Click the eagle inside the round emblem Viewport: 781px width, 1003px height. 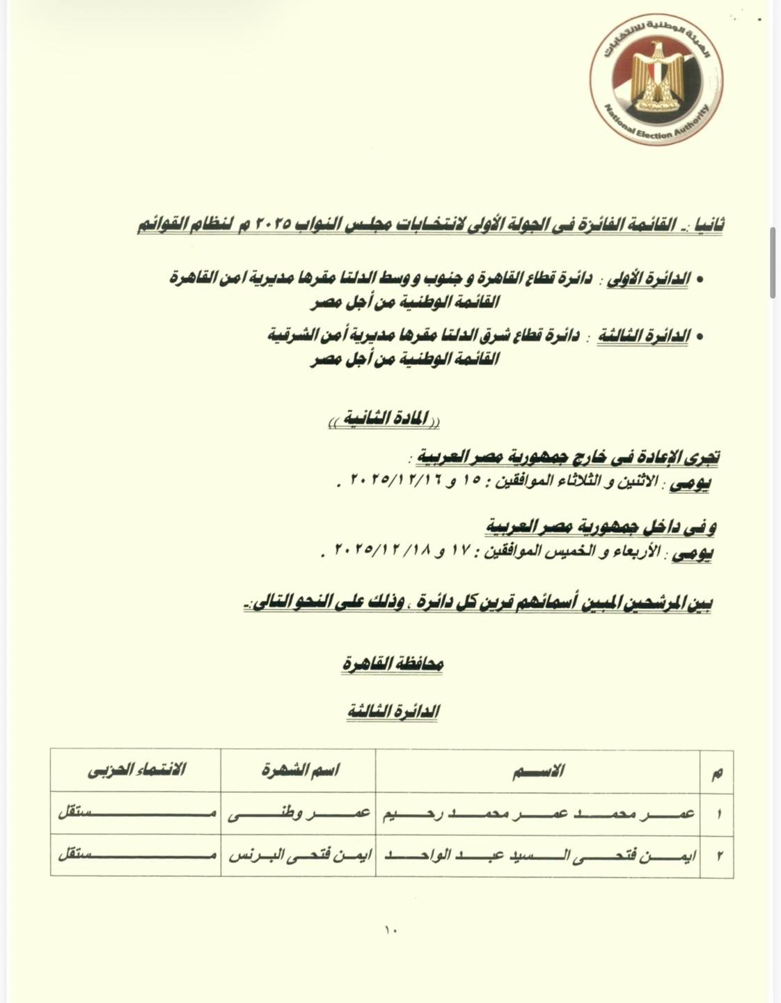tap(656, 77)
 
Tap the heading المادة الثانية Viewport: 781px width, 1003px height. tap(385, 421)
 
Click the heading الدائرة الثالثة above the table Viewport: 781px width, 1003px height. tap(393, 711)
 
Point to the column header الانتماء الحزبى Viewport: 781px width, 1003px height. tap(136, 770)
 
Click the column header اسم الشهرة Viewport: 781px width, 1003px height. tap(299, 770)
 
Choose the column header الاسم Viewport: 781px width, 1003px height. tap(537, 770)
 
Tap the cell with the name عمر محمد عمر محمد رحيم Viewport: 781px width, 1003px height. tap(537, 813)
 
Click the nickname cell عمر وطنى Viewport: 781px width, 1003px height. tap(299, 813)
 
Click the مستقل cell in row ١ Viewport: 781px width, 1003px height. tap(136, 813)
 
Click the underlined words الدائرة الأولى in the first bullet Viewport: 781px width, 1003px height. tap(648, 279)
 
